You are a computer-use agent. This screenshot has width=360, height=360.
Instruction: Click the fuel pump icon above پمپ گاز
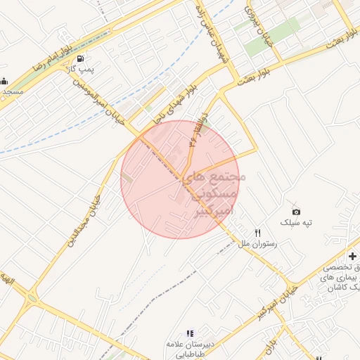click(x=84, y=59)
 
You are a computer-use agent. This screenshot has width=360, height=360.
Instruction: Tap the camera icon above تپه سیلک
click(x=296, y=212)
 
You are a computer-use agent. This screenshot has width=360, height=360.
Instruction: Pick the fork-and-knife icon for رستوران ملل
click(x=258, y=233)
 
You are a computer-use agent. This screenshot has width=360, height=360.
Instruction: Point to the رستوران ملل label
click(x=258, y=244)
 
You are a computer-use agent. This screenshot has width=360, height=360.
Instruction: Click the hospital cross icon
click(x=352, y=256)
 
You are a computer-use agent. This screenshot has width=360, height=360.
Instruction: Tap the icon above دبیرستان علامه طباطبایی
click(x=189, y=333)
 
